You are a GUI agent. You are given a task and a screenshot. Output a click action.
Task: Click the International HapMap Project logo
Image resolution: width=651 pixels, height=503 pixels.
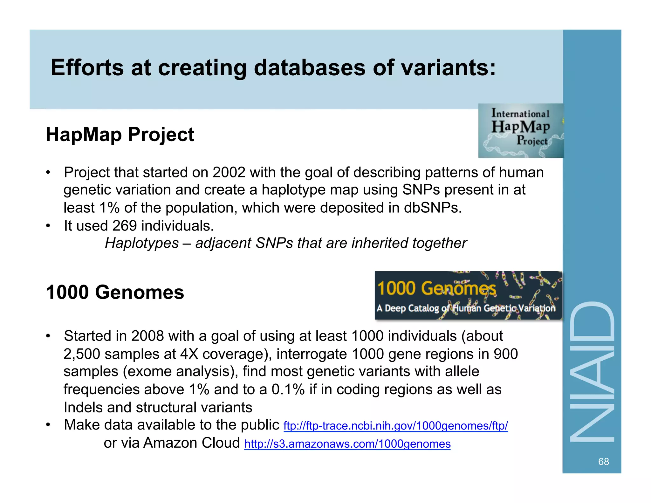[521, 130]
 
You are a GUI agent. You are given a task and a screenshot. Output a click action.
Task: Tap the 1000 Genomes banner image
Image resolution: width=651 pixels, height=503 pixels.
[468, 295]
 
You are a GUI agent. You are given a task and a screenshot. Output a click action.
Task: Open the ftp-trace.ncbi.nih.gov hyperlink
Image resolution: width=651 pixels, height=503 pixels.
[395, 426]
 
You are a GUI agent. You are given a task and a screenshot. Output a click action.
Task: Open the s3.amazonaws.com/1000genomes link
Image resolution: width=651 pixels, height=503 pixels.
[347, 444]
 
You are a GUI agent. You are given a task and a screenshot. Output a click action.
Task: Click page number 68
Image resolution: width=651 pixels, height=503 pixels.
[603, 461]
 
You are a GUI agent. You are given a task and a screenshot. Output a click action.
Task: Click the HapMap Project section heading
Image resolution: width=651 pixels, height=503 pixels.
[120, 134]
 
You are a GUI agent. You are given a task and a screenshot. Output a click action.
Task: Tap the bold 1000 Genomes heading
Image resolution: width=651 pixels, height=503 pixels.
[115, 292]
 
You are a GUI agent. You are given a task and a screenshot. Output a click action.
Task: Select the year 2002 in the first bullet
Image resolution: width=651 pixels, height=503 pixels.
[229, 172]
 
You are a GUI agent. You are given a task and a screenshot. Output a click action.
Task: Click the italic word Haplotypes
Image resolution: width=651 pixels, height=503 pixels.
[142, 243]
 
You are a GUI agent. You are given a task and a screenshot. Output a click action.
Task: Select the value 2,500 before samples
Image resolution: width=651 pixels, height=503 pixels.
[82, 354]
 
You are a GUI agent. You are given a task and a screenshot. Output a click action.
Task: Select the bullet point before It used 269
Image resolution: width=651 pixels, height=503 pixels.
[48, 226]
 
